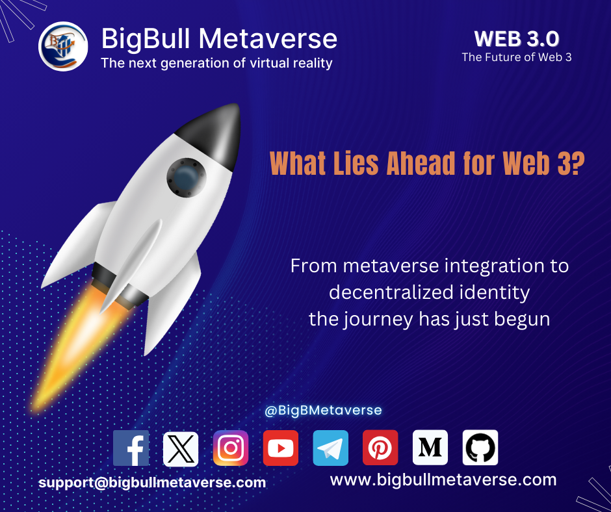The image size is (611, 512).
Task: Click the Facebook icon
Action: pyautogui.click(x=131, y=448)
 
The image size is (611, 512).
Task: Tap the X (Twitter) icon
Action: pyautogui.click(x=181, y=449)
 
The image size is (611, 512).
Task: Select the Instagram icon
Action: pyautogui.click(x=231, y=448)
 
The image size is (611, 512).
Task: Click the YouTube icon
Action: pyautogui.click(x=281, y=448)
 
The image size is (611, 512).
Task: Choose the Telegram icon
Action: pyautogui.click(x=330, y=448)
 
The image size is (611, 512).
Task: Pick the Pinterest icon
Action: pyautogui.click(x=380, y=448)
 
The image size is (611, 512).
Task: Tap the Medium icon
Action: pyautogui.click(x=430, y=448)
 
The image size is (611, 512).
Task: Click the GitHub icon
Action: pyautogui.click(x=480, y=448)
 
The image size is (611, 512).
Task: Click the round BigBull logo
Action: pyautogui.click(x=63, y=46)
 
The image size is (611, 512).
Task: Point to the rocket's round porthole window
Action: pyautogui.click(x=187, y=177)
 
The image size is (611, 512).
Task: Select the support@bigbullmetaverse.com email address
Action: pyautogui.click(x=152, y=483)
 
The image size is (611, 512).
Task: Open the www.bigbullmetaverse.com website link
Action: pyautogui.click(x=443, y=480)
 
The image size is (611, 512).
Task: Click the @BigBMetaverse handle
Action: pyautogui.click(x=323, y=410)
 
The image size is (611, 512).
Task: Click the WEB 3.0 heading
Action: pyautogui.click(x=517, y=39)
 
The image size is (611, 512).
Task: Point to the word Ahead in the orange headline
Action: pyautogui.click(x=421, y=163)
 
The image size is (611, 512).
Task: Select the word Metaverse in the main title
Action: pyautogui.click(x=268, y=38)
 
